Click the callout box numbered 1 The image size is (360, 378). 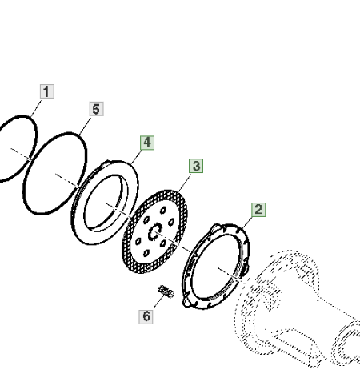click(47, 91)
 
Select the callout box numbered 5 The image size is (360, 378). click(96, 109)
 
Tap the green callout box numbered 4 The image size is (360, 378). click(147, 143)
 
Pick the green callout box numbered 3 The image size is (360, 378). click(196, 166)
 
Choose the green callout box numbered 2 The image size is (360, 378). click(258, 210)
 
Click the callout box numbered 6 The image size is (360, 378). click(146, 316)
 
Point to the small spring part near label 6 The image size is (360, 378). click(166, 292)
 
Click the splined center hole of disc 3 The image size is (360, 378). click(155, 231)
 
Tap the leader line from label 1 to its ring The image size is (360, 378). click(36, 109)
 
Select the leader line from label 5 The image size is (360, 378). click(85, 126)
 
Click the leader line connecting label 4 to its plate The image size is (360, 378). click(136, 157)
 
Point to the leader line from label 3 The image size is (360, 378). click(185, 183)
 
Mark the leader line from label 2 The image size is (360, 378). click(247, 223)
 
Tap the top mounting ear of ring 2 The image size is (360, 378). click(215, 228)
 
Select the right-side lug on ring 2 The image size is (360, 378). click(244, 270)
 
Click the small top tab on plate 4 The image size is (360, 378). click(106, 163)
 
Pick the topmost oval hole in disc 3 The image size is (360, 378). click(163, 211)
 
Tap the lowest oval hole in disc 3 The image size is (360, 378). click(146, 253)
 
